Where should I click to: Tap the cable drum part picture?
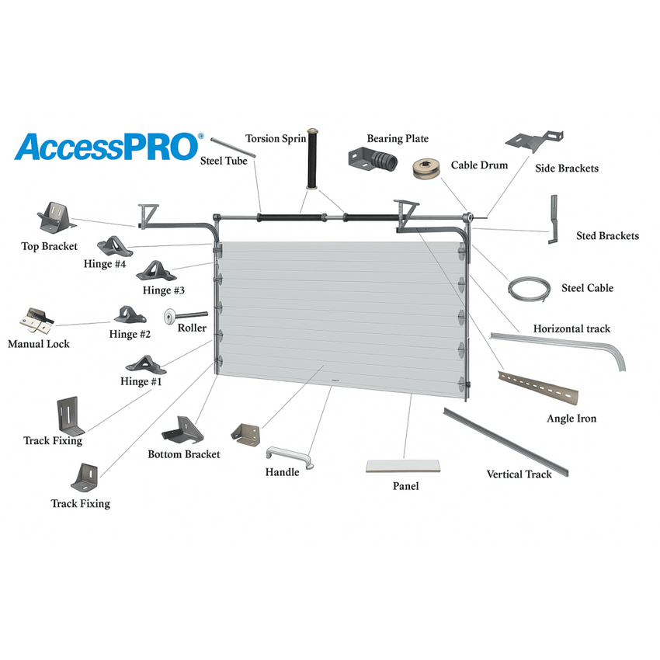[426, 168]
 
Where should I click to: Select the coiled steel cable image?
[529, 289]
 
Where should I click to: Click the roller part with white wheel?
[186, 316]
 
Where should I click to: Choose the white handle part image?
[290, 457]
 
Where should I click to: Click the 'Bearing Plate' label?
[398, 138]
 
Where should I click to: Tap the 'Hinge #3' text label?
[163, 290]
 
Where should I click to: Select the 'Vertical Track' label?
[519, 474]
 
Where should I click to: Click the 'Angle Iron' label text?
[571, 419]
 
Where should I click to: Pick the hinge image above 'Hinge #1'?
[146, 366]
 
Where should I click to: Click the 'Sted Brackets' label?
[607, 236]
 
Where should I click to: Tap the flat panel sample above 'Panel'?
[403, 466]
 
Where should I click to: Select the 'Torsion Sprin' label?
[276, 138]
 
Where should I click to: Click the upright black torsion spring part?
[312, 158]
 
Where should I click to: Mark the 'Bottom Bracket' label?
[184, 454]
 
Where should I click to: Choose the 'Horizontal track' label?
[571, 328]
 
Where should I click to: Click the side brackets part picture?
[534, 141]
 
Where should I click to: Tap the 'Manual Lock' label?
[38, 344]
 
